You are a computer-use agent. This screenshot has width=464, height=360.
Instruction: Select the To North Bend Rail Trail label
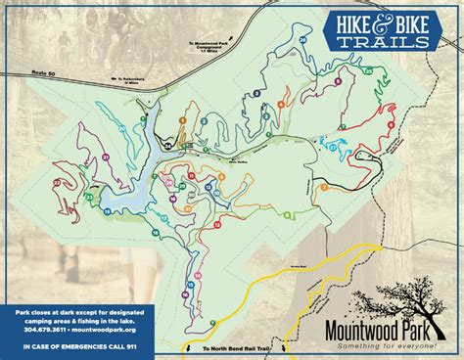[231, 349]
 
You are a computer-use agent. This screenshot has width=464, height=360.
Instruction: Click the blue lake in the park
[137, 196]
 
